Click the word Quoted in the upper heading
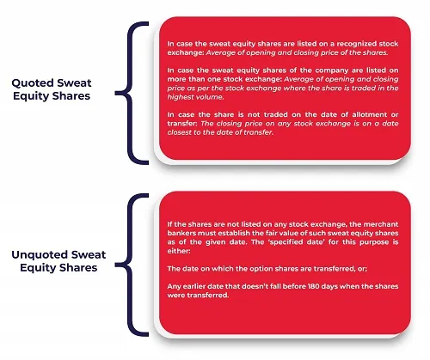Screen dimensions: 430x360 (x=33, y=83)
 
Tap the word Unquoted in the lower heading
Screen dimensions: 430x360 (x=39, y=255)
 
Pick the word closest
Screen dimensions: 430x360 (x=180, y=132)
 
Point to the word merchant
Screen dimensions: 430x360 (x=381, y=224)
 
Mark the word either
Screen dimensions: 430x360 (x=179, y=251)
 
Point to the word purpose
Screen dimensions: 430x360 (x=375, y=242)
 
